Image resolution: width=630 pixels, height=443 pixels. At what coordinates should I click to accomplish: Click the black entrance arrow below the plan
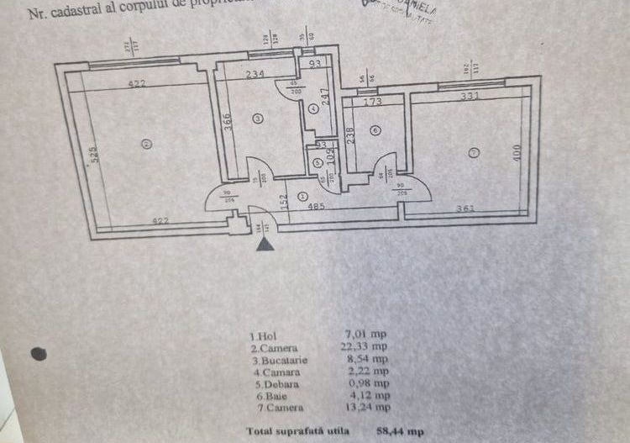265,245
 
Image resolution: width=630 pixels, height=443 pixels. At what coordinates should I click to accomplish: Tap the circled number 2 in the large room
146,144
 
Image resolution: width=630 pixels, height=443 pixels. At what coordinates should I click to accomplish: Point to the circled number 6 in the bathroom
374,129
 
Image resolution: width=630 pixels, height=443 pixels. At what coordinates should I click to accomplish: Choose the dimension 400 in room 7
517,152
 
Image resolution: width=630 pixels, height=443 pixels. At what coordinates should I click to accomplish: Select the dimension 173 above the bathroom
372,102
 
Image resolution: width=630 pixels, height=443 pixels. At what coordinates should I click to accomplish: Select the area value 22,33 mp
368,345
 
